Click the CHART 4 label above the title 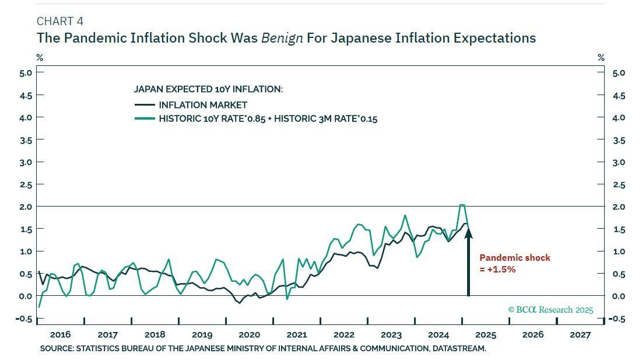pos(59,22)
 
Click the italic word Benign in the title pos(282,39)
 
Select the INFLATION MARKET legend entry pos(203,105)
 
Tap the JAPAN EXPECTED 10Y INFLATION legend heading pos(208,89)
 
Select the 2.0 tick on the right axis pos(619,207)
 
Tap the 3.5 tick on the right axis pos(619,141)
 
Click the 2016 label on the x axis pos(60,335)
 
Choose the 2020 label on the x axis pos(249,335)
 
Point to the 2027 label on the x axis pos(580,335)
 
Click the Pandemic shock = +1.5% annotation pos(514,263)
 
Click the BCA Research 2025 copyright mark pos(550,310)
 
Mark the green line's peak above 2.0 pos(462,205)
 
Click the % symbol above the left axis pos(40,58)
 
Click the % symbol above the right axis pos(601,58)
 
